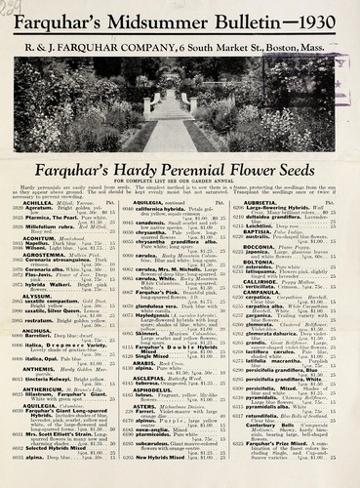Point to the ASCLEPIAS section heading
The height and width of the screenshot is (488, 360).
pyautogui.click(x=150, y=406)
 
